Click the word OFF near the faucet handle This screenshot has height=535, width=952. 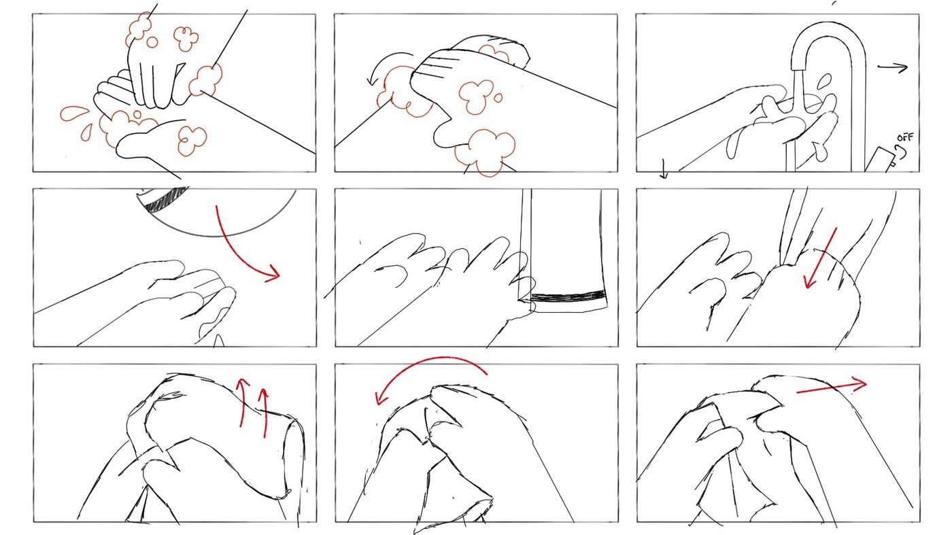click(x=905, y=137)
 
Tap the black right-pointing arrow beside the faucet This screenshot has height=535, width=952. click(x=892, y=67)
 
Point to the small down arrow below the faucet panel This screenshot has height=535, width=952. click(x=664, y=169)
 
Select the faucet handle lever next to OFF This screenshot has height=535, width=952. click(x=881, y=158)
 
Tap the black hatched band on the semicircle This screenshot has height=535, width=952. click(x=167, y=198)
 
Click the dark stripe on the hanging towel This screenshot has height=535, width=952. click(x=568, y=296)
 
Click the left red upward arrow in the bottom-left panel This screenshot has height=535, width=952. click(x=243, y=402)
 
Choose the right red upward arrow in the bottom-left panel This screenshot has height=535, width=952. click(x=264, y=413)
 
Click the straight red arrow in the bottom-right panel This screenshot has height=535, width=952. click(x=831, y=387)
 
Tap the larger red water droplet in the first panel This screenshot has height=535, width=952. click(x=74, y=114)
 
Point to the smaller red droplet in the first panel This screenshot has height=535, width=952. click(x=87, y=132)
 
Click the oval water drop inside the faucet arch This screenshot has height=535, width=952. click(x=824, y=82)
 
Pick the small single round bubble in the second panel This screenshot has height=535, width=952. click(x=498, y=98)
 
